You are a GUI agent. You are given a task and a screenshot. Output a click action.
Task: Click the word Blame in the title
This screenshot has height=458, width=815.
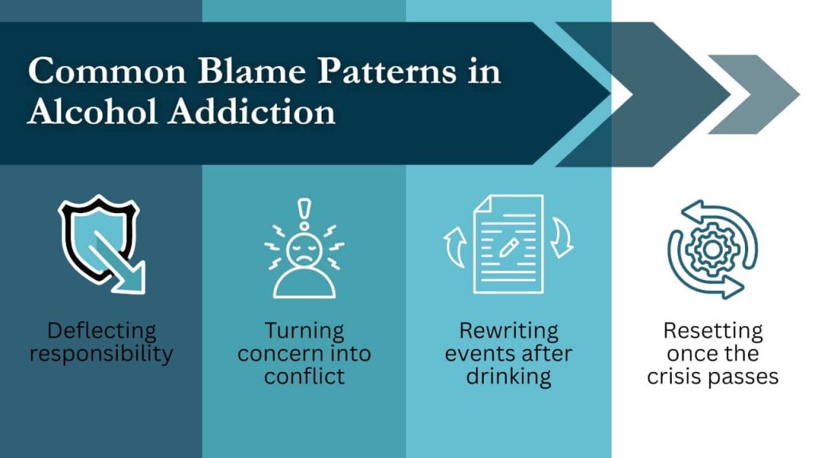(x=252, y=71)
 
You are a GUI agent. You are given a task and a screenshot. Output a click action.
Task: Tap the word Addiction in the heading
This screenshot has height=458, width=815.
(x=252, y=111)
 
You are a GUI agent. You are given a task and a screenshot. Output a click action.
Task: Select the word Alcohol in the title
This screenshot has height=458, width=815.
(x=92, y=111)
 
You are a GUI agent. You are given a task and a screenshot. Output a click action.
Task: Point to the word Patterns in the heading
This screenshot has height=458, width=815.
(x=387, y=71)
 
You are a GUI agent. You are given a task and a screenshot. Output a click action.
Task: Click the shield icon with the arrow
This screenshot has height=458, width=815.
(x=101, y=244)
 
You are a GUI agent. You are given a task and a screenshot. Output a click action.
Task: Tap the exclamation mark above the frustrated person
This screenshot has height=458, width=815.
(x=304, y=213)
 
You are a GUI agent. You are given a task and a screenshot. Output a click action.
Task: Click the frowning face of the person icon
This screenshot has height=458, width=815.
(x=304, y=250)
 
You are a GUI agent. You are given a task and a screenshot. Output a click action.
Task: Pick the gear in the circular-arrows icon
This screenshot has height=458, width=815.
(x=712, y=249)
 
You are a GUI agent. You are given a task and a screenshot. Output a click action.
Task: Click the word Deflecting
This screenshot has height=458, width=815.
(x=102, y=331)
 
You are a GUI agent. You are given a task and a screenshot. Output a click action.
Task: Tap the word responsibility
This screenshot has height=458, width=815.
(x=101, y=354)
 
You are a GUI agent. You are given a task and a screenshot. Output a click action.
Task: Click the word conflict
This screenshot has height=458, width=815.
(x=304, y=376)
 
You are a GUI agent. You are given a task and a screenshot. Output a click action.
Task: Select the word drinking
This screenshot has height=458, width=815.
(x=509, y=377)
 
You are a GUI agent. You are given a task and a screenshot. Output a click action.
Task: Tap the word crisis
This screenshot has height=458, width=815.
(x=672, y=376)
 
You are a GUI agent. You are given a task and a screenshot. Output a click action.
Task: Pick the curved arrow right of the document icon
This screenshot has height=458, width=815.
(x=563, y=238)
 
